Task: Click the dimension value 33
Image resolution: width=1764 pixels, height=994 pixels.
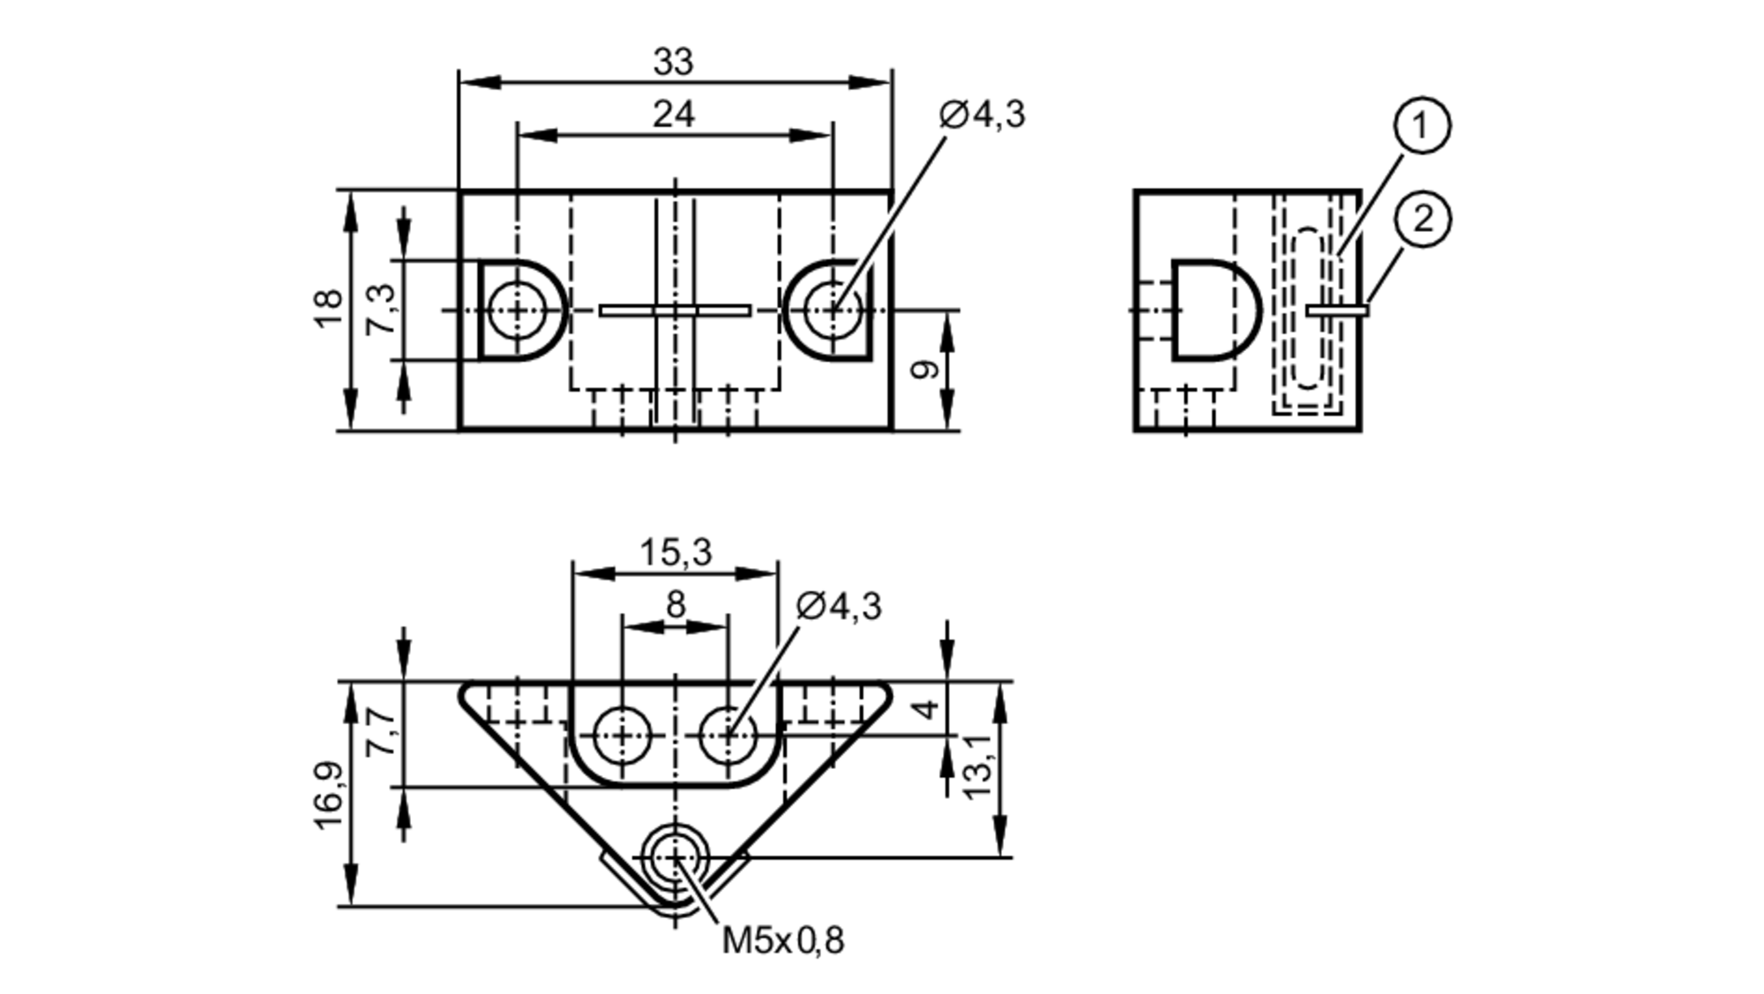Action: point(673,63)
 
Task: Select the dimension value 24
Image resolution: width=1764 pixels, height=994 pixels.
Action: point(673,115)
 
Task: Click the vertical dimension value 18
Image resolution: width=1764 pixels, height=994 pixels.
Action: point(328,310)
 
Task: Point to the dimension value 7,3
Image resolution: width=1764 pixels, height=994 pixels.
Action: point(381,310)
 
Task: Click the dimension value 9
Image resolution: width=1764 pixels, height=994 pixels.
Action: point(923,370)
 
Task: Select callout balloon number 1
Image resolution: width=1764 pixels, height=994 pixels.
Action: point(1422,126)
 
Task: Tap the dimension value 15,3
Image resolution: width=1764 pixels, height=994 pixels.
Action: point(675,553)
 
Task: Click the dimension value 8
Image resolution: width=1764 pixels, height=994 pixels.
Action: point(675,606)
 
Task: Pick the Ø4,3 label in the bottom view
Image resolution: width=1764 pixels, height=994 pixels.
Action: point(838,607)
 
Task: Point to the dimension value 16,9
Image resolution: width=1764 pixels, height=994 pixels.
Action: point(328,795)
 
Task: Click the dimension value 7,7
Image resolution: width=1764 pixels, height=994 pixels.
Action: point(381,734)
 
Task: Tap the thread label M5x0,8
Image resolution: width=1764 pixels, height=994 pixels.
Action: point(782,941)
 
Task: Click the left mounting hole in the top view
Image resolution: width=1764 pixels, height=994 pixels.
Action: point(517,310)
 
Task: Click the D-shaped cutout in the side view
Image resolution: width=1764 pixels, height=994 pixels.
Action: point(1213,310)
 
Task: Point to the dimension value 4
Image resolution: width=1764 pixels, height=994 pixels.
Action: point(923,708)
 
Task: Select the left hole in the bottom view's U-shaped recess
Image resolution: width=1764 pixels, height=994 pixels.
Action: point(622,735)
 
